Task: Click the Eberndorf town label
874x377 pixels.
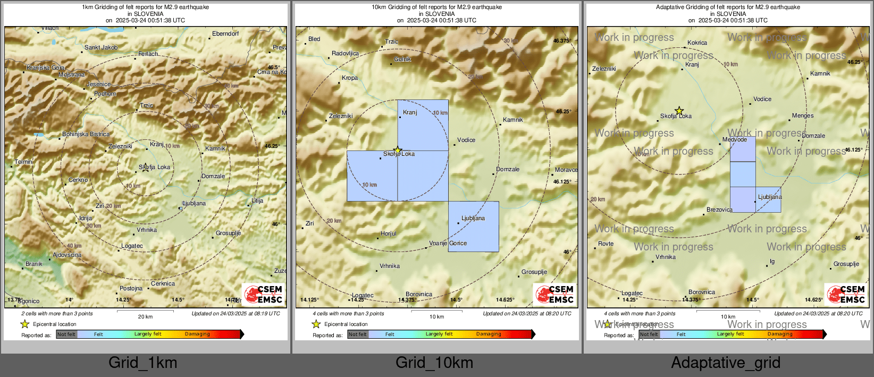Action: point(225,34)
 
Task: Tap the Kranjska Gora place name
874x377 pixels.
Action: point(46,68)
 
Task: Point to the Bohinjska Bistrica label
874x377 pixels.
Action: point(86,135)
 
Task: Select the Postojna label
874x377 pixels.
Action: point(131,289)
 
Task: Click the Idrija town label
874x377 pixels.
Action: point(86,218)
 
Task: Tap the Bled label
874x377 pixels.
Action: point(314,39)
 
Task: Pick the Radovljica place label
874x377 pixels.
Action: point(345,54)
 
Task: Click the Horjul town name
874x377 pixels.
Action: point(389,234)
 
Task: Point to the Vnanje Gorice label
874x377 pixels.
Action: point(448,244)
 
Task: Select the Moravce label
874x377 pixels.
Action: point(566,170)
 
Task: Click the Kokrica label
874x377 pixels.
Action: point(697,43)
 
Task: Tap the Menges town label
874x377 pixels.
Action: point(802,116)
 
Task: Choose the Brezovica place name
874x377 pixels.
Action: point(719,210)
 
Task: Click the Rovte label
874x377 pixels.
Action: point(606,244)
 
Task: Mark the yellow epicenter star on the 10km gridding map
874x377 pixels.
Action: point(397,150)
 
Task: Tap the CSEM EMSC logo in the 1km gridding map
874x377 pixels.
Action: point(264,294)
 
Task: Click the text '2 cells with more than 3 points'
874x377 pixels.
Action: point(57,314)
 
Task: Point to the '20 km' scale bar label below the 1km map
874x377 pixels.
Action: point(145,317)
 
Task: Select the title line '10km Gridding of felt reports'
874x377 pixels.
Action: point(436,7)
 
